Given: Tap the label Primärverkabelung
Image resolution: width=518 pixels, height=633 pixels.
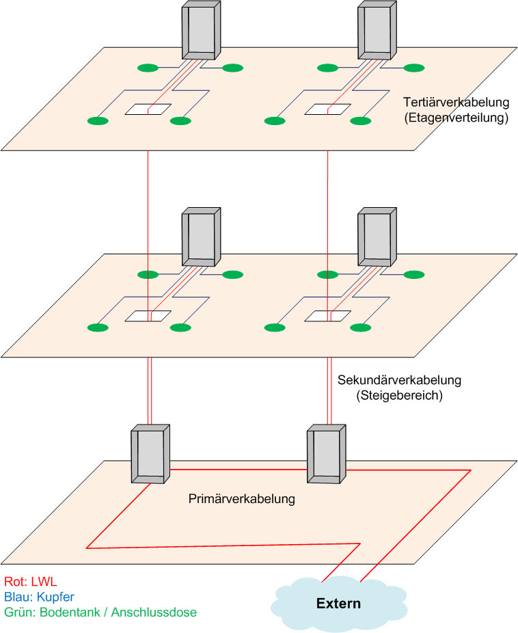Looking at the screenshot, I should [x=241, y=499].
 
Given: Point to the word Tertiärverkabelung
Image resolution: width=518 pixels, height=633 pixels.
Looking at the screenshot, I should [x=457, y=103].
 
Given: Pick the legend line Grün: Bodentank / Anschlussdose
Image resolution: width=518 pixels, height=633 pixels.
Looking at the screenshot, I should [x=100, y=612].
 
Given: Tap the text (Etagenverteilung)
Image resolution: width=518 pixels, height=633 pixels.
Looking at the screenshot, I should [x=457, y=118].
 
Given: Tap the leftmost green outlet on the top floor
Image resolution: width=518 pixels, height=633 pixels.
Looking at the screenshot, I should [x=98, y=121].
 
